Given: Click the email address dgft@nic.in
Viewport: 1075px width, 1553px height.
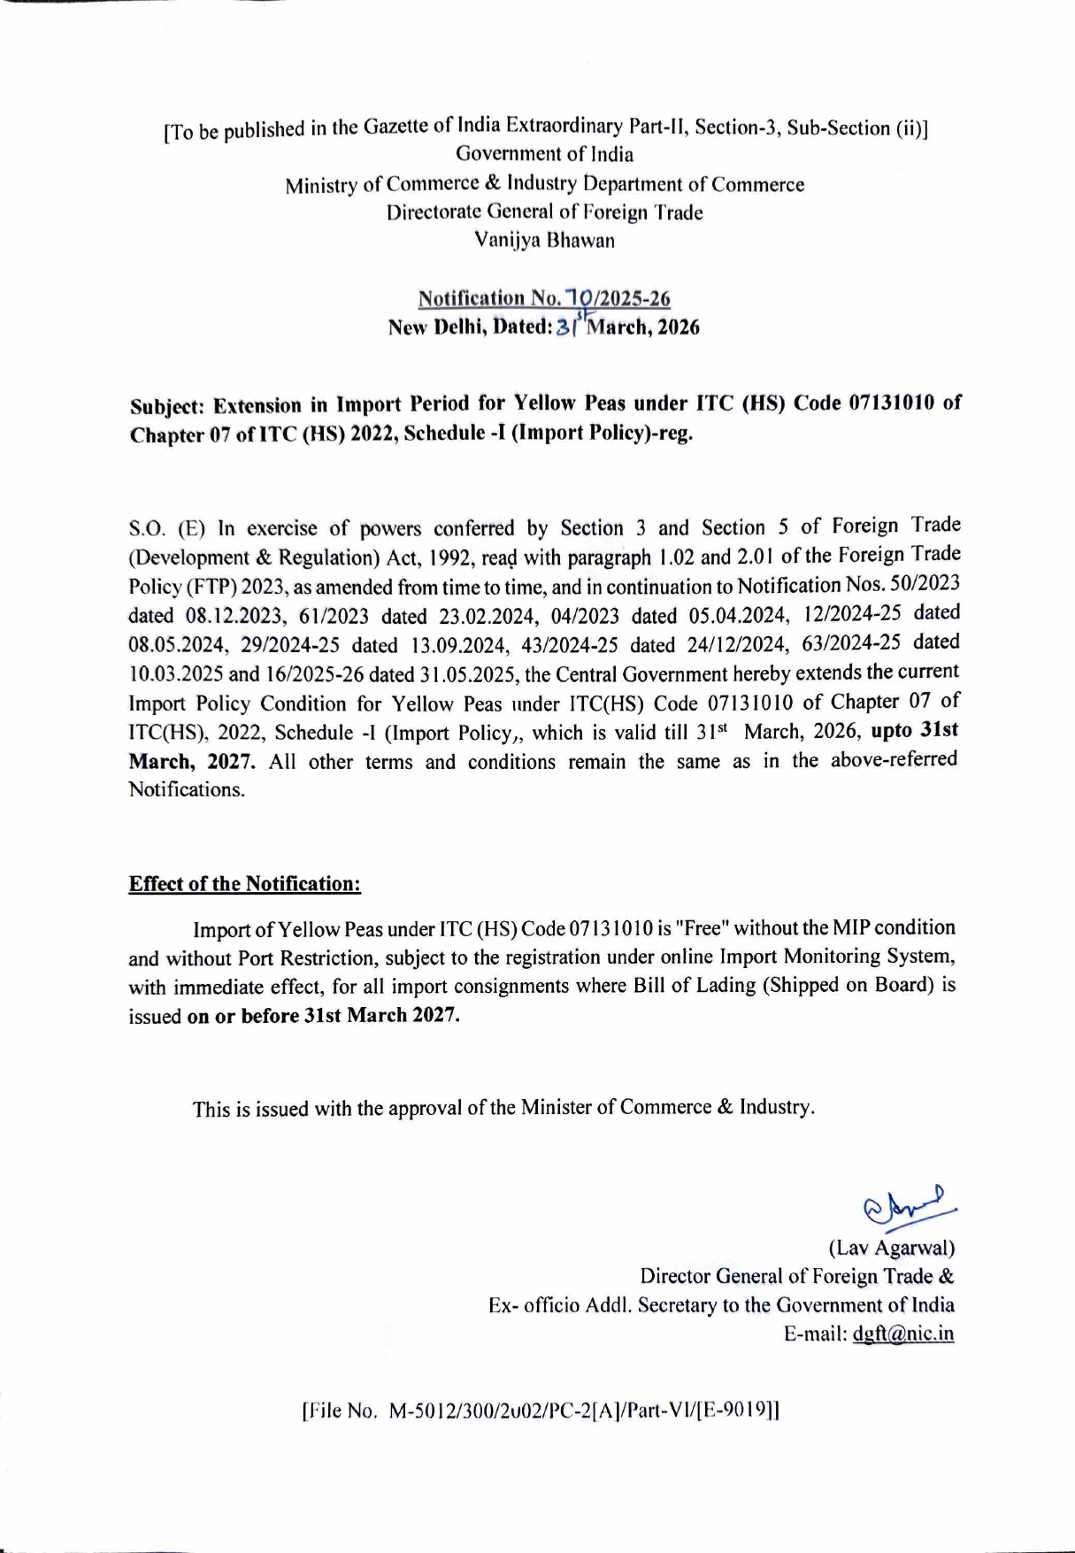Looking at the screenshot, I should coord(902,1334).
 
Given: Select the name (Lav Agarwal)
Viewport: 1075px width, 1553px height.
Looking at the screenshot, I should coord(891,1248).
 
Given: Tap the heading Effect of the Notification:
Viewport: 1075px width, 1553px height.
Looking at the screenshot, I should coord(245,884).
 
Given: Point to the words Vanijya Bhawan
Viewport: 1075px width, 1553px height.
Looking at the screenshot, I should coord(544,240).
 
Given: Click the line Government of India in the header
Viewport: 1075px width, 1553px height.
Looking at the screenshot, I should coord(544,155).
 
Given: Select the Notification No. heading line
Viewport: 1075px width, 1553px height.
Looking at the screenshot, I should coord(543,298).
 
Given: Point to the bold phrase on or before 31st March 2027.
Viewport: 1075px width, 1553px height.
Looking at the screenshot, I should coord(324,1015).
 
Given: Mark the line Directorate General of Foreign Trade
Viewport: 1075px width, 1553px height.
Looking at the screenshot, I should coord(544,212).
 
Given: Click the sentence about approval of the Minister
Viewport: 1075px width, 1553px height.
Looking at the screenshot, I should coord(503,1107).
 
